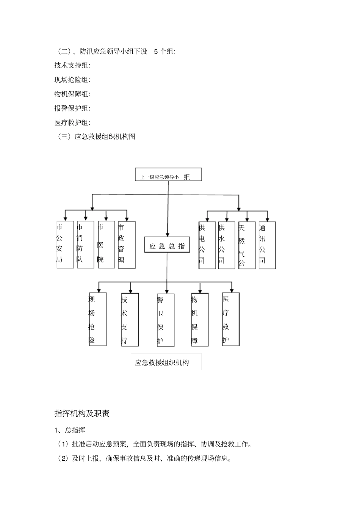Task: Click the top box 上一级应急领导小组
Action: [168, 175]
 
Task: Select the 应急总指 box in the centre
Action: [167, 245]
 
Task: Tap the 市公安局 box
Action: [65, 244]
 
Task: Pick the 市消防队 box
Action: [85, 244]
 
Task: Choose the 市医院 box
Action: [106, 244]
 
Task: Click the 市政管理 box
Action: [127, 245]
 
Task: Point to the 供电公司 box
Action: [207, 245]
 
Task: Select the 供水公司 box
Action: [227, 245]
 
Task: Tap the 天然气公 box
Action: [247, 245]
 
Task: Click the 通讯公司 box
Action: [267, 245]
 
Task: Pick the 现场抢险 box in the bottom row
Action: [97, 319]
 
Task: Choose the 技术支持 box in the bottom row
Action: [130, 320]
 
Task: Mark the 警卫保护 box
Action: [166, 320]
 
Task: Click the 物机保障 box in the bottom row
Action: [200, 320]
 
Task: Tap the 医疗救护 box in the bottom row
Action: [231, 319]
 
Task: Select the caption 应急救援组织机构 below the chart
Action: [162, 362]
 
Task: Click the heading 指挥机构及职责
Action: [82, 413]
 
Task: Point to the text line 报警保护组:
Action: [72, 108]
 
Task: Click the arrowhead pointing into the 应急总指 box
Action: [167, 235]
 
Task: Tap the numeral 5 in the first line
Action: [156, 52]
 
